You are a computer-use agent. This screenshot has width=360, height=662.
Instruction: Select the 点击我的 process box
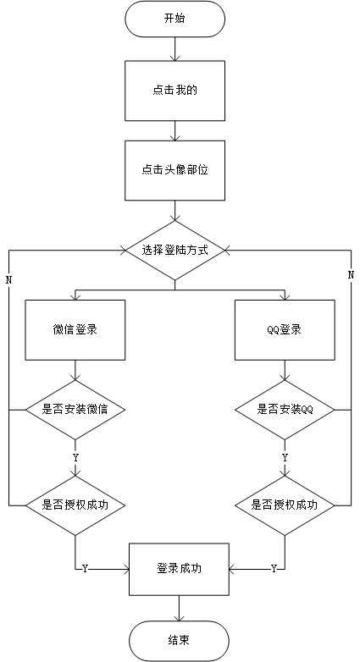[174, 89]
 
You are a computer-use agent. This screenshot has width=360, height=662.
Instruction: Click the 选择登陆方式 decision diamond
[174, 251]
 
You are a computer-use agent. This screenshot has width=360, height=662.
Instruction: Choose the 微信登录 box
[75, 329]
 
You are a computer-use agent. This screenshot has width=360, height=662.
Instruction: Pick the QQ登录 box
[285, 329]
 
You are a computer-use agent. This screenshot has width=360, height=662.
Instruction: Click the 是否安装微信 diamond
[75, 410]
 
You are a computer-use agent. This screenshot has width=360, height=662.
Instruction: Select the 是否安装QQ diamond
[285, 410]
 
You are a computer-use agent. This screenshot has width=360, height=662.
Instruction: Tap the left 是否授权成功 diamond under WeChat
[75, 505]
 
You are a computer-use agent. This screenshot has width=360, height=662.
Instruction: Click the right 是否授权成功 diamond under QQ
[285, 505]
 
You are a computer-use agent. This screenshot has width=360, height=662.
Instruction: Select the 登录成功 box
[179, 568]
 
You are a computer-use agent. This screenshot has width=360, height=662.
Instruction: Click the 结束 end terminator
[179, 640]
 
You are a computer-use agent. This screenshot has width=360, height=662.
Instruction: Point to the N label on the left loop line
[8, 279]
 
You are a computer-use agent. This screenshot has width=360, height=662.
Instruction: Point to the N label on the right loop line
[351, 275]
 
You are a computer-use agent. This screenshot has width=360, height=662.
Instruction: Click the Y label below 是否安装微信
[76, 457]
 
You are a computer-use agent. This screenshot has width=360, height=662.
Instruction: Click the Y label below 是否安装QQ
[285, 457]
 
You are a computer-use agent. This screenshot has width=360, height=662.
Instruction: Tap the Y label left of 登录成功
[85, 569]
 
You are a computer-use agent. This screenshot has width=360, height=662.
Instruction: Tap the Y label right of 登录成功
[273, 569]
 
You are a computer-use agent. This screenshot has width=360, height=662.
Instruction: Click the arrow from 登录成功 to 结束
[179, 608]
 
